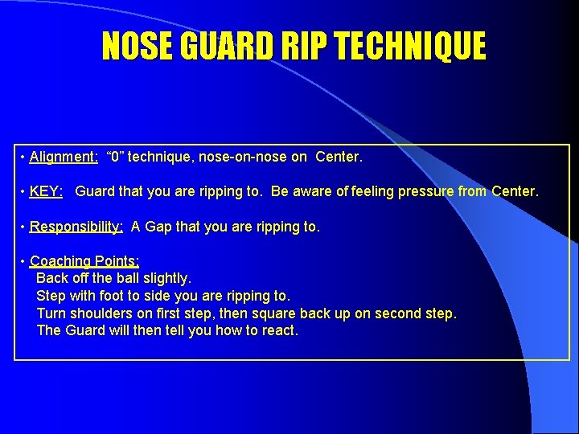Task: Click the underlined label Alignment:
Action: pos(64,157)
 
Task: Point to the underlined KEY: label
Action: pos(47,192)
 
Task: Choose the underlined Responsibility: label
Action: pos(76,227)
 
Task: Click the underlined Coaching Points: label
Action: pos(84,261)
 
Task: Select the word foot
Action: pos(115,296)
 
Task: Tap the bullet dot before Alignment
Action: pos(23,158)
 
